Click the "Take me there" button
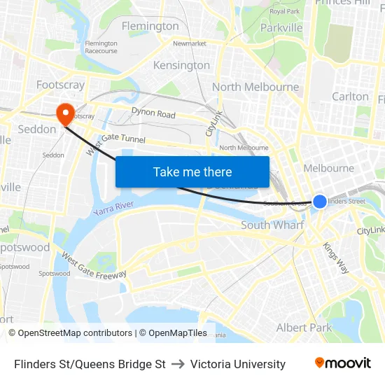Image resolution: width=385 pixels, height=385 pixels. click(x=192, y=171)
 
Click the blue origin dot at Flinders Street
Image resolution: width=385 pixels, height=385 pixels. click(x=319, y=202)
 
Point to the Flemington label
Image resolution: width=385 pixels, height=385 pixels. click(x=150, y=26)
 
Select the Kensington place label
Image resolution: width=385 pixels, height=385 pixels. click(x=181, y=65)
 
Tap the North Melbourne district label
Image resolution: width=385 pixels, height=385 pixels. click(x=255, y=87)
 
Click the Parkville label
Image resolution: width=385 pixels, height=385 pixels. click(x=281, y=27)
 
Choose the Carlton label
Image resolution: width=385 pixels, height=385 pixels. click(x=350, y=97)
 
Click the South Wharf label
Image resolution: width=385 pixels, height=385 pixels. click(x=272, y=225)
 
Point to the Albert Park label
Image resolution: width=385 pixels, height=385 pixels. click(x=304, y=328)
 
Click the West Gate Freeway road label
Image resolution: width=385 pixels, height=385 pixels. click(x=93, y=265)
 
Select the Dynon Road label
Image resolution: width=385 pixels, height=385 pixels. click(x=153, y=113)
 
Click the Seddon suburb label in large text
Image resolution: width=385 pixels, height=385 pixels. click(x=36, y=129)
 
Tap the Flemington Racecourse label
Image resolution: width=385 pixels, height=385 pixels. click(x=101, y=47)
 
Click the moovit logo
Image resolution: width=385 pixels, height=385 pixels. click(x=343, y=363)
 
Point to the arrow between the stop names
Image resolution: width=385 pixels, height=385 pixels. click(x=178, y=364)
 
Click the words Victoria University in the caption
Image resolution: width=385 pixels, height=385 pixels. click(x=238, y=364)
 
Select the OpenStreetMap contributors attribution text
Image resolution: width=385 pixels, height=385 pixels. click(x=70, y=333)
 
